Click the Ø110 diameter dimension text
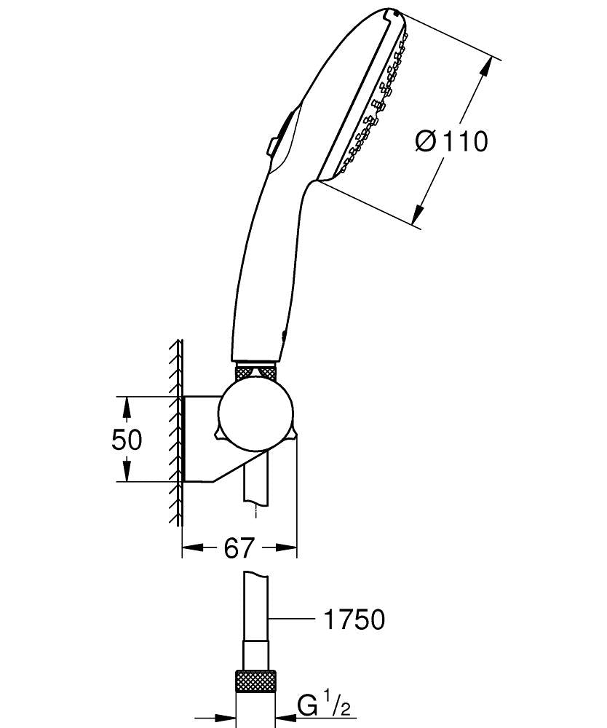[451, 141]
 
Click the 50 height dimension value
[127, 440]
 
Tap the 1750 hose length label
[353, 620]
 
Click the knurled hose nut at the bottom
[255, 684]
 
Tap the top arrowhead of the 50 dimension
[127, 405]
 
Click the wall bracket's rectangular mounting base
[199, 438]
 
